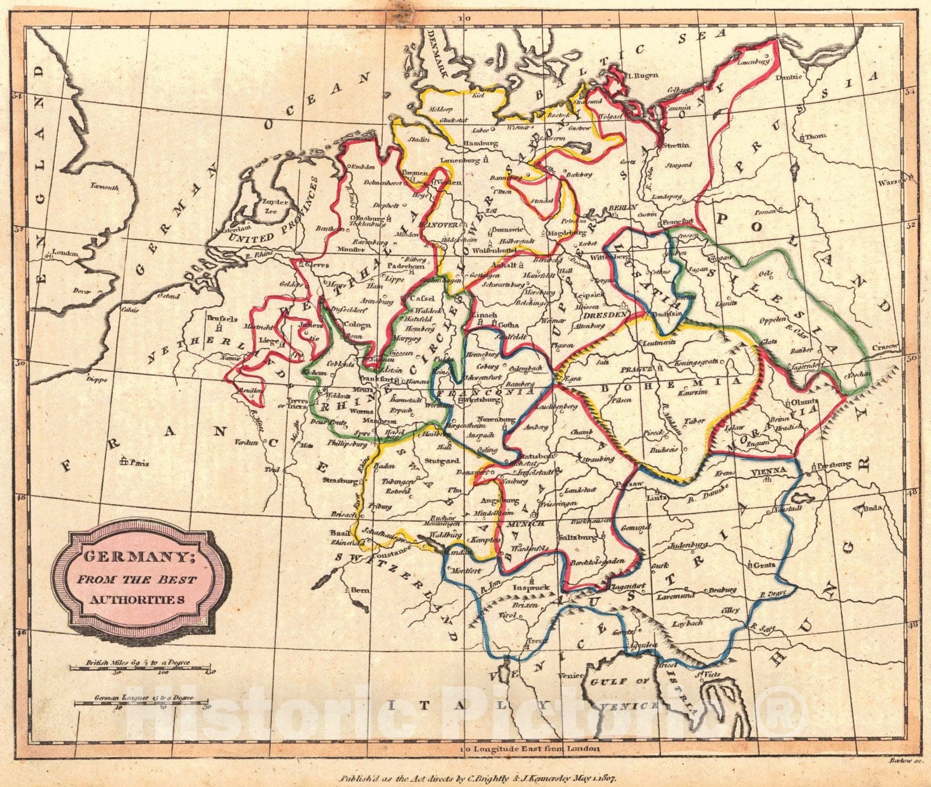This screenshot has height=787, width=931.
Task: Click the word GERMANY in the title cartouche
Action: [138, 557]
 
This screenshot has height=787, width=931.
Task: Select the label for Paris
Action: [140, 463]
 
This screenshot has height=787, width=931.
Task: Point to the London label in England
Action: [65, 253]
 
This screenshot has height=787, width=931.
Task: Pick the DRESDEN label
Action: [605, 314]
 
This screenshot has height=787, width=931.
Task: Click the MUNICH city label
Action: [526, 524]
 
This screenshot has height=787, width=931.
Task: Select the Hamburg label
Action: [481, 143]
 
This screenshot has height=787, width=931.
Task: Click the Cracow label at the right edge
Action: [884, 347]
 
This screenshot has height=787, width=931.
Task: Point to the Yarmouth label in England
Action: [105, 187]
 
